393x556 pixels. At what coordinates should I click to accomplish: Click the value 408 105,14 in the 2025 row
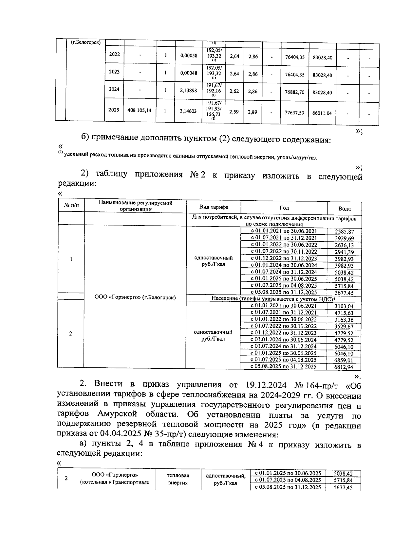(139, 110)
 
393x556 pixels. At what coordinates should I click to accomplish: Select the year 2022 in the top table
(114, 54)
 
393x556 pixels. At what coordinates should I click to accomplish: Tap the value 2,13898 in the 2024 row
(189, 91)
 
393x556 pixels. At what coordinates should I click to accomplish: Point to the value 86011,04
(322, 113)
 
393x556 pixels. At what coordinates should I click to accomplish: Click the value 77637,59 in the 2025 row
(294, 112)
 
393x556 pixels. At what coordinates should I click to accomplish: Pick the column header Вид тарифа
(214, 207)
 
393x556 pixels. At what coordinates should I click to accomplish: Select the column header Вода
(344, 209)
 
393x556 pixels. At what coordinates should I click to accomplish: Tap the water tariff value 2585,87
(344, 232)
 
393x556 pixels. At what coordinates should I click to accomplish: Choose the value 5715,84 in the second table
(344, 286)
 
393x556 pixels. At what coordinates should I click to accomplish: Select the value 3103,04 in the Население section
(344, 306)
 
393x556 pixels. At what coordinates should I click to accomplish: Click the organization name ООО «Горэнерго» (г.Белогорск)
(135, 297)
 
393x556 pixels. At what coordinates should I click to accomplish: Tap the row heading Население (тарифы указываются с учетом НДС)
(273, 299)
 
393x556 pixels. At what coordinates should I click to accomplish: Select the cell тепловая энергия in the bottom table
(178, 479)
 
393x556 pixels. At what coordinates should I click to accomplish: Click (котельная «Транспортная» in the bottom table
(115, 482)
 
